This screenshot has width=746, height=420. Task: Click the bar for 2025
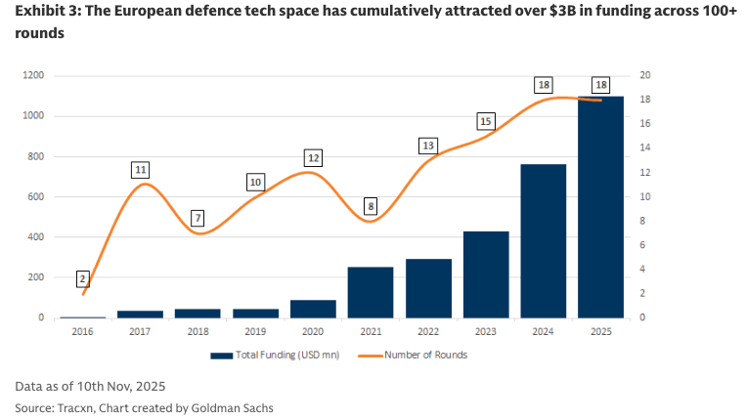tap(600, 207)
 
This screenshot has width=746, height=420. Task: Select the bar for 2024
tap(543, 241)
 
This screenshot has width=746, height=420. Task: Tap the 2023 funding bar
tap(486, 274)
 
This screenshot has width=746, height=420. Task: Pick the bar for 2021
tap(371, 292)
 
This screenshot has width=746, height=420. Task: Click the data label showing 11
tap(142, 170)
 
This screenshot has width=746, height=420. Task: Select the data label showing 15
tap(486, 121)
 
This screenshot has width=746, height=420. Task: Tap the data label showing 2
tap(83, 279)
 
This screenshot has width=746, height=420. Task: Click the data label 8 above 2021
tap(371, 206)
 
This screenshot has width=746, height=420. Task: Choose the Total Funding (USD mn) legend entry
tap(277, 355)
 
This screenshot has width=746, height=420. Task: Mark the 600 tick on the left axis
tap(36, 196)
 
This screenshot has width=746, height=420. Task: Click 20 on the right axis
tap(645, 75)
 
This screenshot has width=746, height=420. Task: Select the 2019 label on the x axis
tap(256, 332)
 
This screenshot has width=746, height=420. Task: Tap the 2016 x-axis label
tap(83, 332)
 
